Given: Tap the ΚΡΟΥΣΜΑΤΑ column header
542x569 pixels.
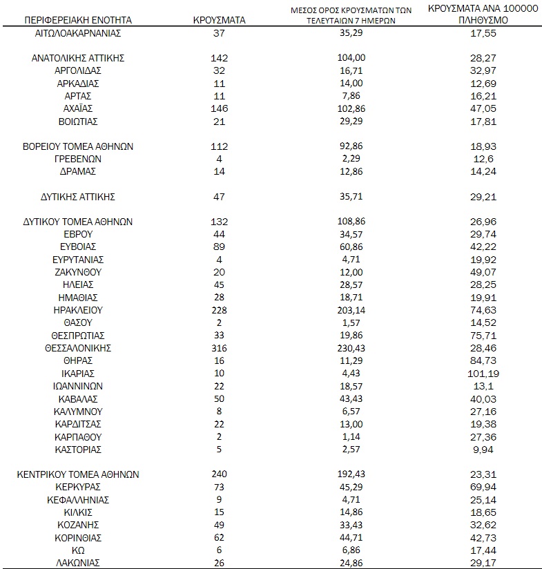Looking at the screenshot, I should click(219, 21).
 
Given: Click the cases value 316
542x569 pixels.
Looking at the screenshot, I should click(219, 347).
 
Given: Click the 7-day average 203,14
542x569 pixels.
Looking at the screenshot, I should click(354, 310).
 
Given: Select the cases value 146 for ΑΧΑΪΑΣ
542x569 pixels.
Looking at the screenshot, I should click(219, 108).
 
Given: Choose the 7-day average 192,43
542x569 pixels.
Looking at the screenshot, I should click(354, 474).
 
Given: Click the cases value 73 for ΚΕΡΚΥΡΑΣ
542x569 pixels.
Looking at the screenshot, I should click(219, 487).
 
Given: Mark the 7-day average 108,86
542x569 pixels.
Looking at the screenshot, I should click(354, 222).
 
